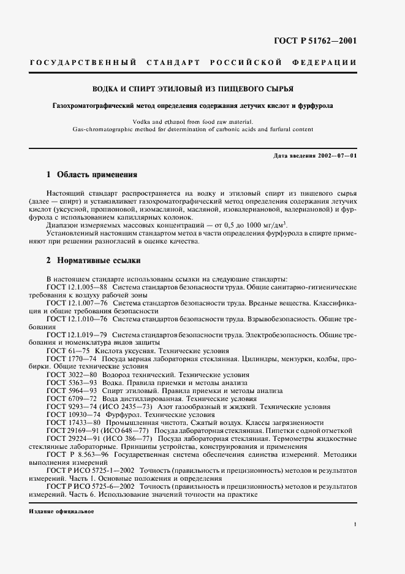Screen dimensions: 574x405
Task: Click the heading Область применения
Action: pyautogui.click(x=97, y=175)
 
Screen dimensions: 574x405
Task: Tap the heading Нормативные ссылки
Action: pyautogui.click(x=98, y=261)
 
